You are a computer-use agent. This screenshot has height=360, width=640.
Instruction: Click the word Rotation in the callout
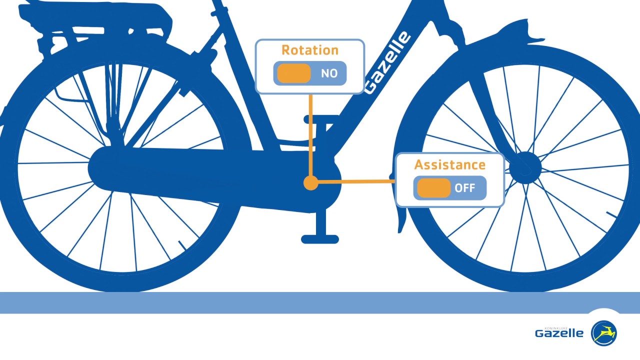click(x=310, y=50)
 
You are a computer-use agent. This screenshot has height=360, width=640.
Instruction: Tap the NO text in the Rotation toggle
click(x=329, y=73)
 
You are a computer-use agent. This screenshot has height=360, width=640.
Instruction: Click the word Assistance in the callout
click(x=449, y=164)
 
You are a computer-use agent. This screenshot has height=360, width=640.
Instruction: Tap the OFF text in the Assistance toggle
click(x=464, y=188)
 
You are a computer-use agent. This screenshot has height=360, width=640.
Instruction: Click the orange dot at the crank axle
click(x=310, y=183)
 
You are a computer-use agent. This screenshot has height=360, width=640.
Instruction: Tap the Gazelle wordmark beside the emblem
click(x=559, y=333)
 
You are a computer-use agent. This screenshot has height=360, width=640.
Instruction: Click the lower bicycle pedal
click(x=320, y=239)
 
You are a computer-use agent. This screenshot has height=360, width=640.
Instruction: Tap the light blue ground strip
click(x=320, y=303)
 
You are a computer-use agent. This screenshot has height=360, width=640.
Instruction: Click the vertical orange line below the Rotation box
click(x=310, y=135)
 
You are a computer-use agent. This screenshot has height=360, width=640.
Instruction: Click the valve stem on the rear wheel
click(x=181, y=245)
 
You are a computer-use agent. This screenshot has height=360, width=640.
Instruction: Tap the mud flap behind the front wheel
click(x=401, y=220)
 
